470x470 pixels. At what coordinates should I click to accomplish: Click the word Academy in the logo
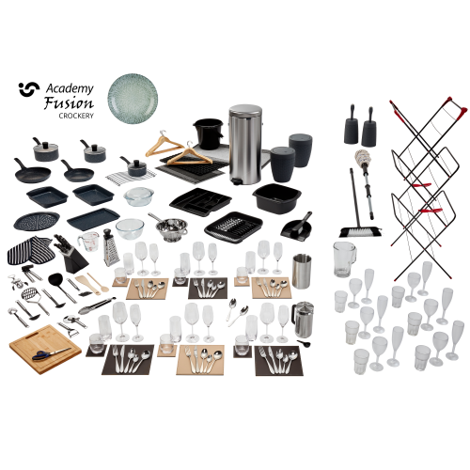tap(69, 89)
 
